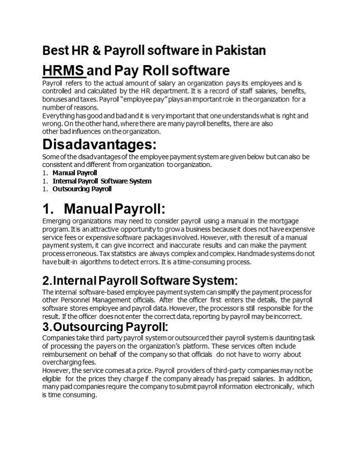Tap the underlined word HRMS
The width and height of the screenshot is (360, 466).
(64, 70)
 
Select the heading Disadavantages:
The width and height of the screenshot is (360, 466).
(100, 145)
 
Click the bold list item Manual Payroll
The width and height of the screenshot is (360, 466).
(75, 173)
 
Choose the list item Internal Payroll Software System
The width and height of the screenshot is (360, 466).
(102, 181)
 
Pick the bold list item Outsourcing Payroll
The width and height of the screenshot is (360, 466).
(82, 189)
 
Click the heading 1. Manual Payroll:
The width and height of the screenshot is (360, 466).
(103, 209)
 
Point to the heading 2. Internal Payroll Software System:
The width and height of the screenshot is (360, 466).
(140, 281)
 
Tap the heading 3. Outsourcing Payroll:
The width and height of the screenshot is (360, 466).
(105, 326)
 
